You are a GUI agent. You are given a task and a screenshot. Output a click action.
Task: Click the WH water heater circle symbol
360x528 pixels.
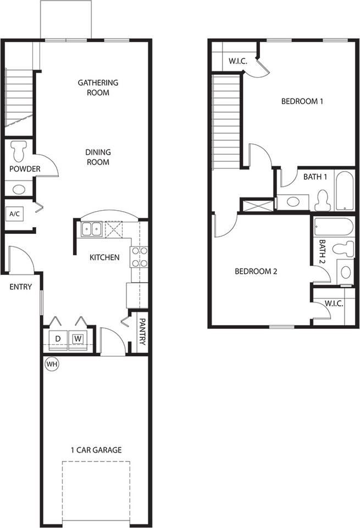pos(52,364)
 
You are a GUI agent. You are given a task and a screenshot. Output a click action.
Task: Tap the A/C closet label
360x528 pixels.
pos(13,213)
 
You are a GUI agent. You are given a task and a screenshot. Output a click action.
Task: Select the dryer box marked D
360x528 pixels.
pos(58,338)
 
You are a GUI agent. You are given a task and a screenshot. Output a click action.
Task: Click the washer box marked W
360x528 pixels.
pos(78,338)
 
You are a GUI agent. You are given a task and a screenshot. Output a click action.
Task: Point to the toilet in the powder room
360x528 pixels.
pos(19,150)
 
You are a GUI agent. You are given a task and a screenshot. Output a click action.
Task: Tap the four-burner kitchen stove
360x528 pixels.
pos(139,257)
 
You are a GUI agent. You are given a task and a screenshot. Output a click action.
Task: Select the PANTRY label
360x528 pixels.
pos(142,332)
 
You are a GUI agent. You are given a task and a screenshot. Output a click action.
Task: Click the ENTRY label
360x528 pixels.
pos(20,287)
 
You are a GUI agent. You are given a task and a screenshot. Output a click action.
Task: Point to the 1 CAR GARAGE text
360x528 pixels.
pos(96,450)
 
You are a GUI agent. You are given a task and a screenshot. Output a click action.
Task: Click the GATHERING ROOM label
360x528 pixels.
pos(98,87)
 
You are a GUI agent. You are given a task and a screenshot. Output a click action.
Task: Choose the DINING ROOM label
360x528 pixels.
pos(97,157)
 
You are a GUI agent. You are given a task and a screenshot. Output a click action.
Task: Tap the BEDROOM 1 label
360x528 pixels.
pos(302,101)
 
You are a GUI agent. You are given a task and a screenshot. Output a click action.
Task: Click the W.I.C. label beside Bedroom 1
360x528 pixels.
pos(237,61)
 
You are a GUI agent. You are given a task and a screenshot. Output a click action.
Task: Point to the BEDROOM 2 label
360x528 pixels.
pos(255,271)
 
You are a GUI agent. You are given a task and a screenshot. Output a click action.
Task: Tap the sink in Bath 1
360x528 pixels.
pos(293,202)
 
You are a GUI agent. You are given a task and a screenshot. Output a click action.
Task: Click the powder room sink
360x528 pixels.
pos(19,190)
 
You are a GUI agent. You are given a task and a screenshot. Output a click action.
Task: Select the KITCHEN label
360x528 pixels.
pos(104,257)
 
